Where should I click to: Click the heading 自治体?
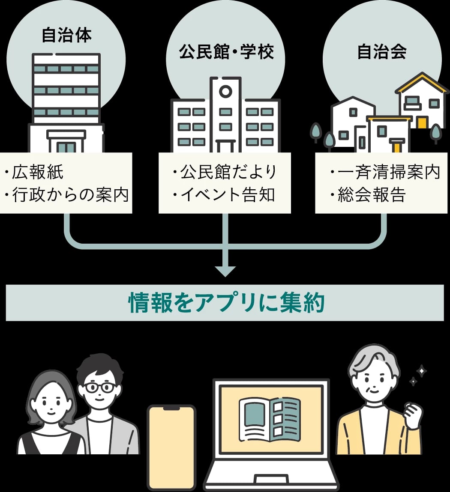(66, 35)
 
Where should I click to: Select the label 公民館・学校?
(226, 52)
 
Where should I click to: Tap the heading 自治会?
(381, 52)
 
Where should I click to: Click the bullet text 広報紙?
(38, 172)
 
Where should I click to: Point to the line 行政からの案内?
(70, 195)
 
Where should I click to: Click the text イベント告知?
(227, 195)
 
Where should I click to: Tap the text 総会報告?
(371, 195)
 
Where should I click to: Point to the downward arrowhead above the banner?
(225, 271)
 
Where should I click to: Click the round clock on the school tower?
(225, 91)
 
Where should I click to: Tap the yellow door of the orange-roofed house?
(422, 122)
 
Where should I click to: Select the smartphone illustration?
(171, 447)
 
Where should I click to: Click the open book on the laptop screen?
(270, 419)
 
